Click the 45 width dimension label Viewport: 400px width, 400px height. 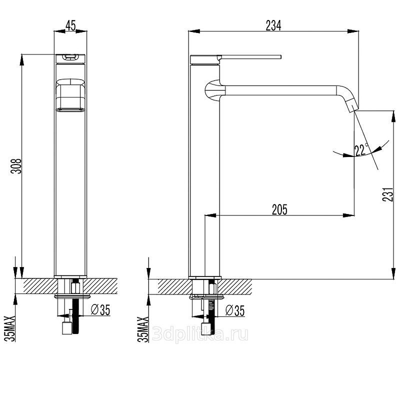point(70,25)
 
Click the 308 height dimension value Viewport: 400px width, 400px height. point(16,166)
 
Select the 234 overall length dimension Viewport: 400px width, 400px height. point(273,25)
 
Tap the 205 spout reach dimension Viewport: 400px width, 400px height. point(279,209)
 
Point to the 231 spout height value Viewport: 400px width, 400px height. point(388,194)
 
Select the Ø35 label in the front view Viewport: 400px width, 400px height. point(100,310)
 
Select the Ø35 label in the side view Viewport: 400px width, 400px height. point(235,310)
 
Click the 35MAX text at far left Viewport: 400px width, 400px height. point(10,328)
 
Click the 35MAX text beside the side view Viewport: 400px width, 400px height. point(143,329)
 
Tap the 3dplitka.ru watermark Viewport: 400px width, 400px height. point(200,334)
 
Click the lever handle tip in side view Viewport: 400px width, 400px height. point(280,57)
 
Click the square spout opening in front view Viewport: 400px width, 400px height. point(70,94)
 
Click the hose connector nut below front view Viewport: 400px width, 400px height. point(66,328)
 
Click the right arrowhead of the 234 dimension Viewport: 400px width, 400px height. point(353,31)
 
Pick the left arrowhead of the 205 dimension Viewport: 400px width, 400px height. point(210,215)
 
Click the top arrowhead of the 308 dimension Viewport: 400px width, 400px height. point(22,60)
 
